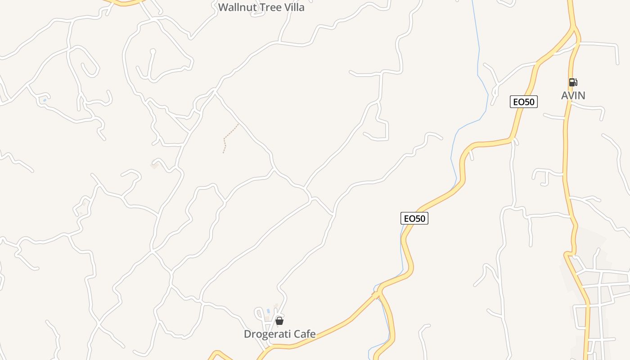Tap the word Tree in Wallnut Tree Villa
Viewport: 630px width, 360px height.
point(271,7)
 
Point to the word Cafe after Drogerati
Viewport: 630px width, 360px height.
point(304,334)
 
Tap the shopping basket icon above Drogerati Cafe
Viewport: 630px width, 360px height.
point(279,321)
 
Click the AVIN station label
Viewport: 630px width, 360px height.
point(573,95)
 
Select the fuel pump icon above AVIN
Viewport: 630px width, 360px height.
point(573,82)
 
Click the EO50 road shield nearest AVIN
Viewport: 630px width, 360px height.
point(524,102)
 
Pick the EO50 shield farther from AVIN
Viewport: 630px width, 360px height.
point(414,218)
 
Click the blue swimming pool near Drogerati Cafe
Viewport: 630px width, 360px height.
point(269,311)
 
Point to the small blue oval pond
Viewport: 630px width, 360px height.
point(45,100)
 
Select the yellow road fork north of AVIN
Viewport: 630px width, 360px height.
point(575,31)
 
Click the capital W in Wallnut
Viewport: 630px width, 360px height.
point(222,7)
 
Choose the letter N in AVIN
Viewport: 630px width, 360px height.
point(581,95)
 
